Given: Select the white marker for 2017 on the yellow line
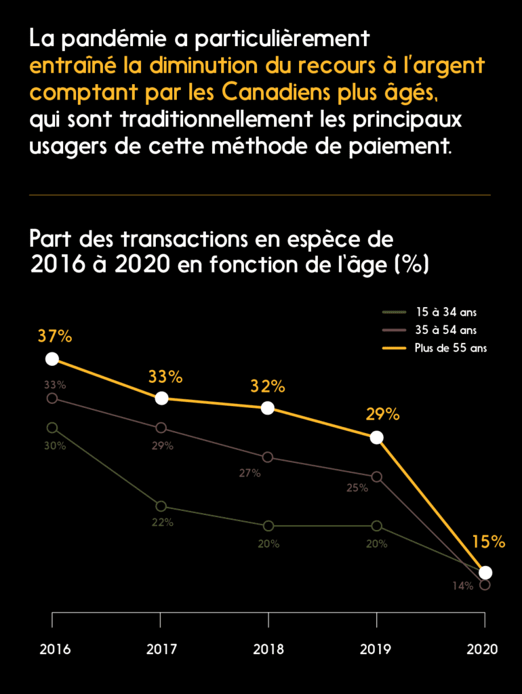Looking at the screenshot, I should [161, 398].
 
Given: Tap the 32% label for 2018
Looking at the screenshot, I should [268, 386].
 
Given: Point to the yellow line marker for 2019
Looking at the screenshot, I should [377, 437].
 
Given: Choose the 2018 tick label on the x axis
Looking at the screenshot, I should [268, 649].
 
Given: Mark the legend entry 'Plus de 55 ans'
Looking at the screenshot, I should [451, 348].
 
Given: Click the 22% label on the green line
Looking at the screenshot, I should [163, 522].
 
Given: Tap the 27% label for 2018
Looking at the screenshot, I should [249, 473].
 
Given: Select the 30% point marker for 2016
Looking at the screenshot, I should [52, 428].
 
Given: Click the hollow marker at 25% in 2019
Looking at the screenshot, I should [377, 476].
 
